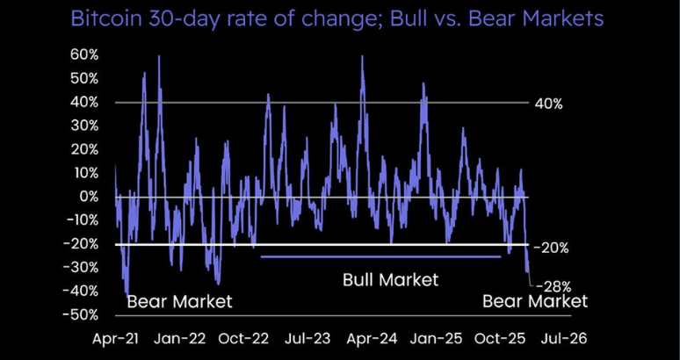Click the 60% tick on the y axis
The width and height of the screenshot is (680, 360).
(x=86, y=55)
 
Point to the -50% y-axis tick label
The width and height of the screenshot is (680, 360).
(x=83, y=314)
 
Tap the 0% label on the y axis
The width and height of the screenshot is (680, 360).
(x=90, y=197)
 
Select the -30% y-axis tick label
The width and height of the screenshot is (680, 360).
(x=83, y=267)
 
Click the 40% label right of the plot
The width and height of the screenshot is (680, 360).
(x=548, y=104)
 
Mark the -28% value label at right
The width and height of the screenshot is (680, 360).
(x=554, y=286)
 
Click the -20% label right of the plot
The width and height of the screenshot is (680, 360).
(x=552, y=248)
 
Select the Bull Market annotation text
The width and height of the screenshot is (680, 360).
(x=389, y=280)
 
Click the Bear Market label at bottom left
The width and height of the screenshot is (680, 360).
(x=179, y=302)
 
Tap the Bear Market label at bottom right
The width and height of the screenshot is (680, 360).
(x=535, y=302)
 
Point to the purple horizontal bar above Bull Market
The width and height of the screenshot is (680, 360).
(x=380, y=256)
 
